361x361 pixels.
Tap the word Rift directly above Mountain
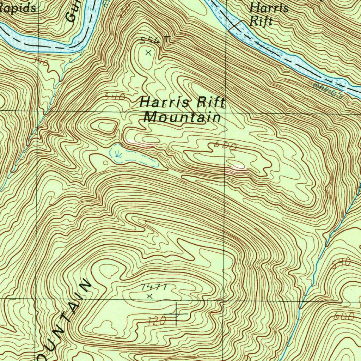210,103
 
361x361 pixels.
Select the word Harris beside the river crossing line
269,8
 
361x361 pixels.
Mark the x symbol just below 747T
149,296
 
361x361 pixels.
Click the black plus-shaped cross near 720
176,313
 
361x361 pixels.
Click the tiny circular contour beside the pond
106,163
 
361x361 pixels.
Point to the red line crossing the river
235,25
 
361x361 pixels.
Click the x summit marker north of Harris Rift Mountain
148,53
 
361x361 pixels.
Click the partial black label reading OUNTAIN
63,321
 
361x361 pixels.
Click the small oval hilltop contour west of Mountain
104,126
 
